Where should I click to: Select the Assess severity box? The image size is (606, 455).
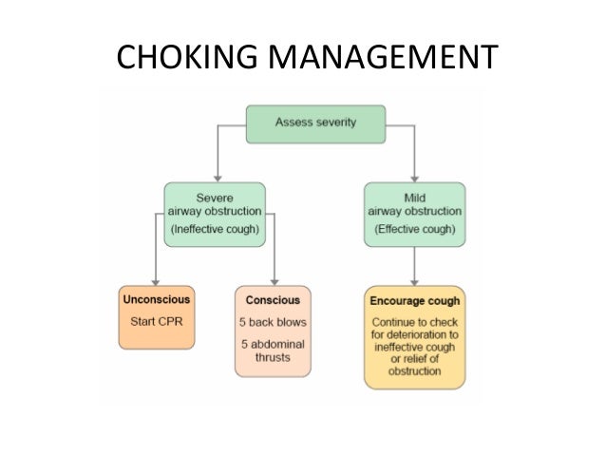coord(315,123)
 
